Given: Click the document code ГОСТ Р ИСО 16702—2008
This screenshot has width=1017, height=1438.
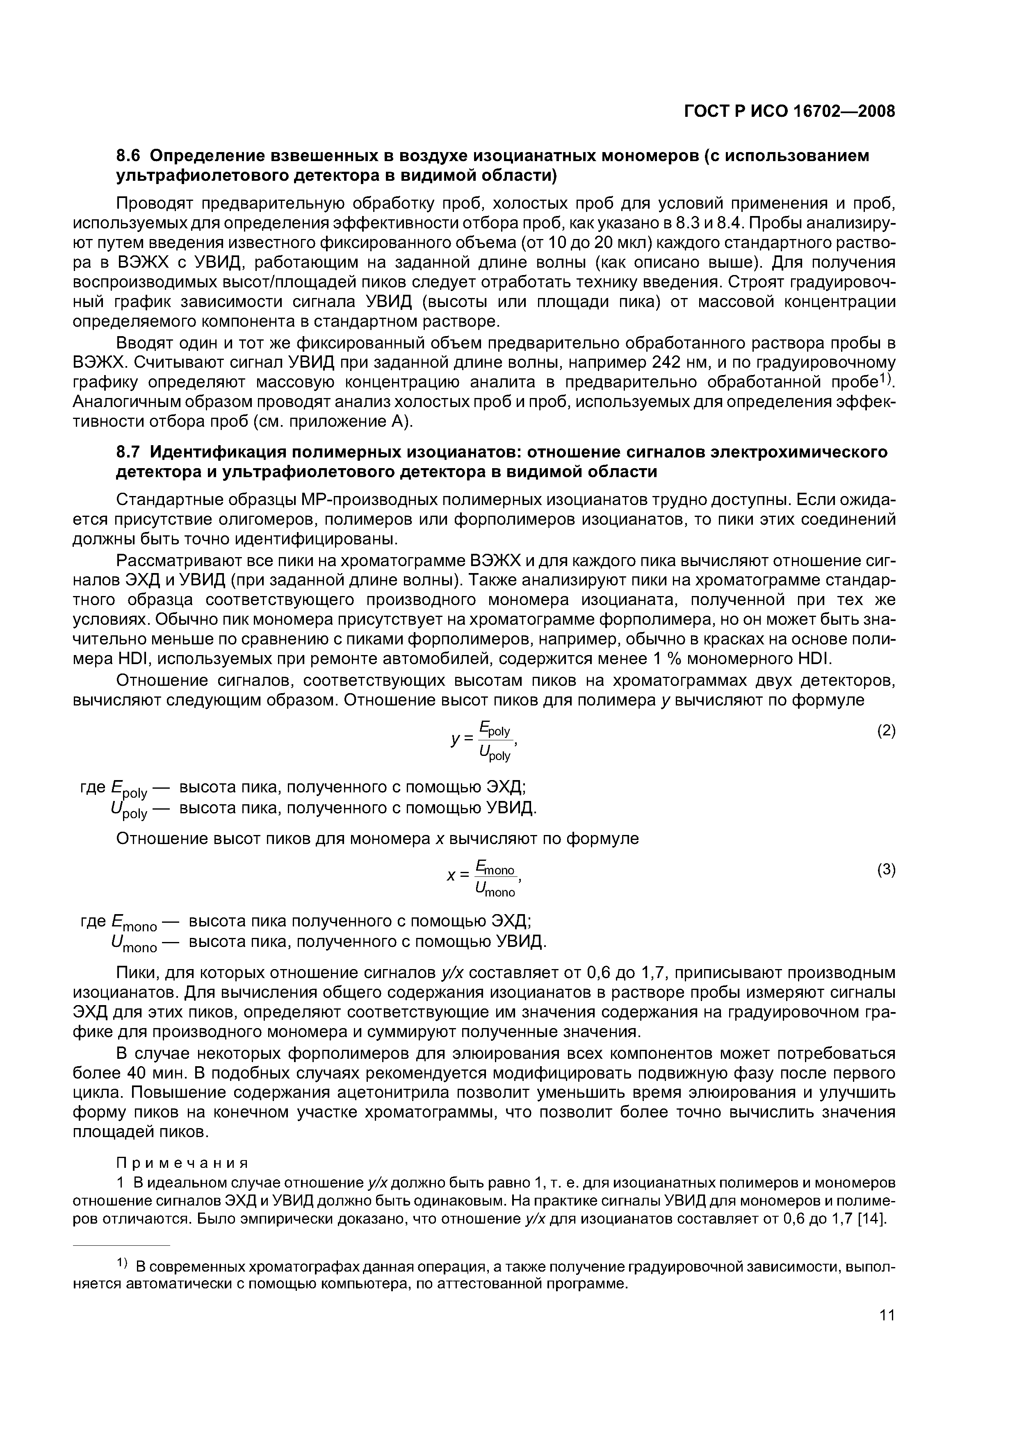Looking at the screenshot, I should tap(788, 112).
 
